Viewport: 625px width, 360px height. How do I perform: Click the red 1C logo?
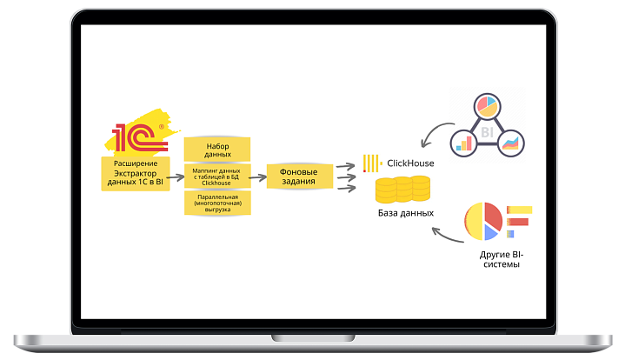(133, 137)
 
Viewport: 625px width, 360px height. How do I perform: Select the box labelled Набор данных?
(219, 149)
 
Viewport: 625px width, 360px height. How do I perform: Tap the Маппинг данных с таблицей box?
(218, 177)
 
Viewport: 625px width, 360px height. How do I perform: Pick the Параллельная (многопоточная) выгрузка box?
(218, 203)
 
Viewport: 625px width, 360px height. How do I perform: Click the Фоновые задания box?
(298, 177)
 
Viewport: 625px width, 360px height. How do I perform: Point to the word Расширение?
(133, 163)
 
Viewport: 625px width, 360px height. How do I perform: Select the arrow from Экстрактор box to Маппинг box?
(172, 177)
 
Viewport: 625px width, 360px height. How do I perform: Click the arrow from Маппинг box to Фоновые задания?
(257, 177)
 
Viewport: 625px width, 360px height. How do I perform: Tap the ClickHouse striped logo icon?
(371, 163)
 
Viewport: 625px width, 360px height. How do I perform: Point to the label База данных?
(405, 213)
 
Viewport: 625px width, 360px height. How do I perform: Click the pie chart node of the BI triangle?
(486, 108)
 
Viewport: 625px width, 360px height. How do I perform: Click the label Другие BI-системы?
(500, 258)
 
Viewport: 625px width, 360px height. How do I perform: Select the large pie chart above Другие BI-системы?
(482, 221)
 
